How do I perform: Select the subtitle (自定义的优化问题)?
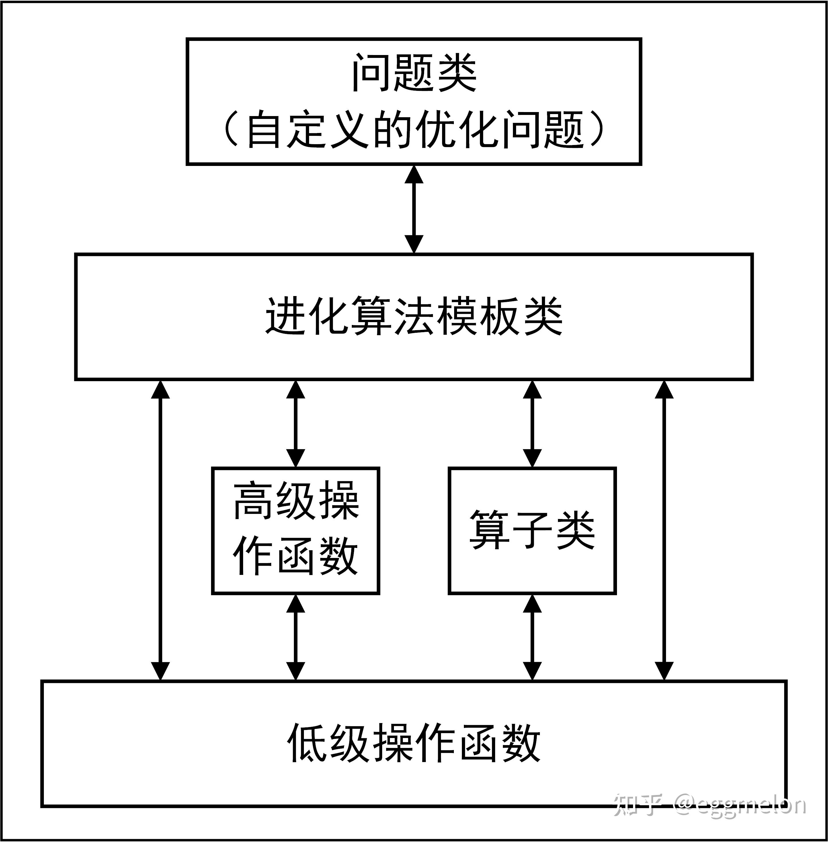coord(414,129)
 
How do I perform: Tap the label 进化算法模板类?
coord(414,316)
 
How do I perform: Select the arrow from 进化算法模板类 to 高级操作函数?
coord(296,424)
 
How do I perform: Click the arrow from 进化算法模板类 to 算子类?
coord(532,424)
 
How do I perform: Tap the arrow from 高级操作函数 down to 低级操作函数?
coord(296,637)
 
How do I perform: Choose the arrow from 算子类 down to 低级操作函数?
coord(532,637)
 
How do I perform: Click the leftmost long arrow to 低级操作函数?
coord(161,530)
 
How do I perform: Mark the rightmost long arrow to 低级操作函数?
coord(664,530)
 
